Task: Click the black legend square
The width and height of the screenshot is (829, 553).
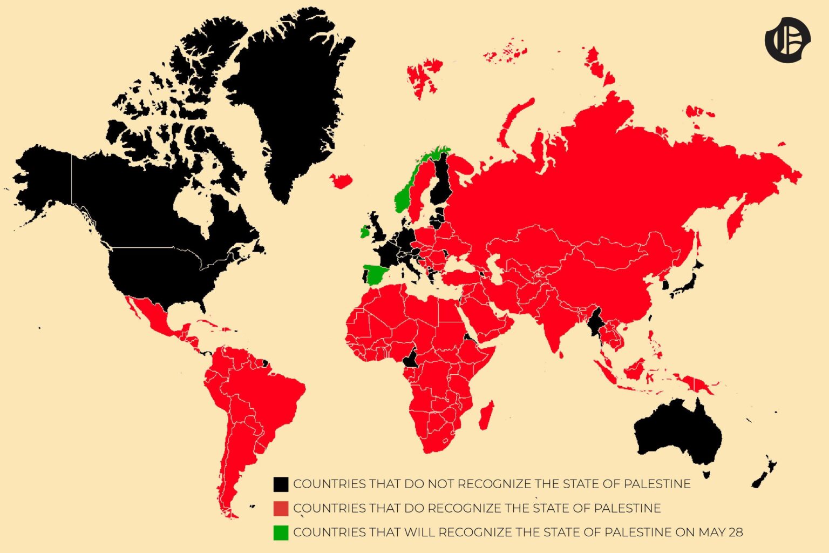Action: pos(281,484)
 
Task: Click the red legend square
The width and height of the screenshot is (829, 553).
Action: pos(281,508)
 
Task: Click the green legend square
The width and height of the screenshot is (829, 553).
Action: pos(281,532)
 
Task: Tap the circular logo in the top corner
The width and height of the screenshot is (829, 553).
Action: pos(787,40)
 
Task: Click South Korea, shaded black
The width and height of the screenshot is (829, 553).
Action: pos(667,284)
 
